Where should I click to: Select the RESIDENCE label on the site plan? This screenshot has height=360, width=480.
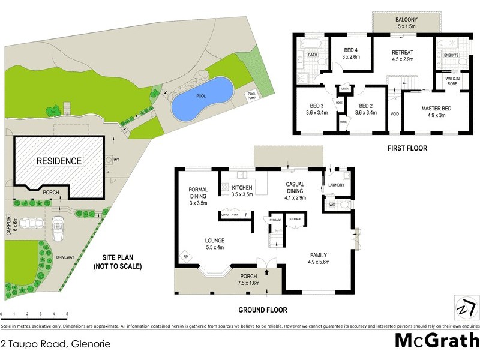59,161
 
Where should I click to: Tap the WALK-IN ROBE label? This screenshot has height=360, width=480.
452,81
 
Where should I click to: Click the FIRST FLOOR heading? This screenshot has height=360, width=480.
407,148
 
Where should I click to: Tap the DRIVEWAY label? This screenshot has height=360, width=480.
67,257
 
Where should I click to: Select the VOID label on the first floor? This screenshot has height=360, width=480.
394,112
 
